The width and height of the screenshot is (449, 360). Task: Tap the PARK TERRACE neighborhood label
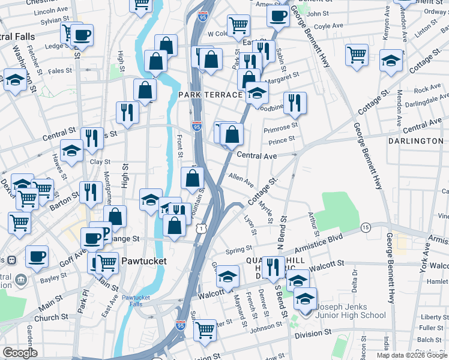pyautogui.click(x=210, y=95)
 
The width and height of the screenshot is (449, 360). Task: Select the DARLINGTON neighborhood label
pyautogui.click(x=415, y=141)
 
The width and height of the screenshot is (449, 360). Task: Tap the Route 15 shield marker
pyautogui.click(x=365, y=227)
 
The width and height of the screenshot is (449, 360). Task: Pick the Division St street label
pyautogui.click(x=311, y=332)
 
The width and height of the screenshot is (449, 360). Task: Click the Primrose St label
pyautogui.click(x=281, y=127)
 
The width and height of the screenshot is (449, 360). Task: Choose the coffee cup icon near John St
pyautogui.click(x=278, y=16)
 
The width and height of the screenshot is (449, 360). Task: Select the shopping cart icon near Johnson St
pyautogui.click(x=205, y=329)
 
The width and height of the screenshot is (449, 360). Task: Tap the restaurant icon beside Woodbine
pyautogui.click(x=294, y=103)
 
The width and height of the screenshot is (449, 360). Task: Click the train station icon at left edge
pyautogui.click(x=10, y=261)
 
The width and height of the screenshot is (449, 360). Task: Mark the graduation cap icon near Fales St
pyautogui.click(x=15, y=79)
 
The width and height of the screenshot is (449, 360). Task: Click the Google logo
pyautogui.click(x=20, y=353)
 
